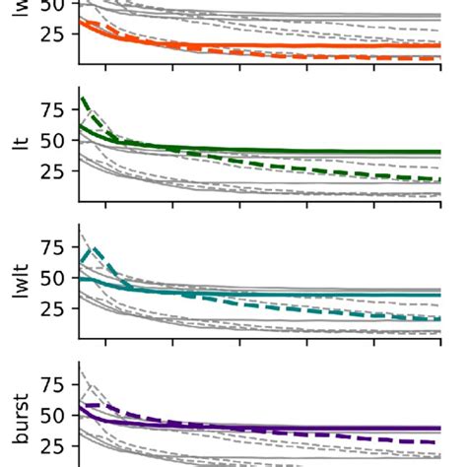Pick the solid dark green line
(x=296, y=151)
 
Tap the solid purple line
(x=296, y=428)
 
